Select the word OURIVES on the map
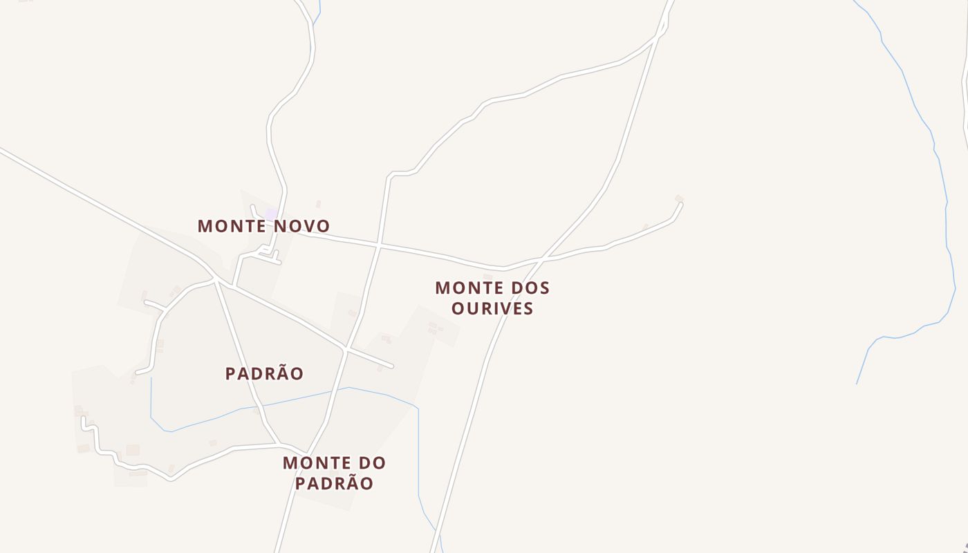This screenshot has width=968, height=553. coord(492,308)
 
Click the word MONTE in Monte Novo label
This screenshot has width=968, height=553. coord(232,226)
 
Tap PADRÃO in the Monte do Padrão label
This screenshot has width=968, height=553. coord(334,483)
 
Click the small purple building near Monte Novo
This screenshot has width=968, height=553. coord(271,214)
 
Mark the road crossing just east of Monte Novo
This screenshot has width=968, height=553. coord(379,245)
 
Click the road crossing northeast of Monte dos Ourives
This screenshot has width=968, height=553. coord(541,260)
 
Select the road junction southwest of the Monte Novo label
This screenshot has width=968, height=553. coord(216,280)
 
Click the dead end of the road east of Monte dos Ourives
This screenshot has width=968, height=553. coord(681,204)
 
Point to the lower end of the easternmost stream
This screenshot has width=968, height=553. coord(857,383)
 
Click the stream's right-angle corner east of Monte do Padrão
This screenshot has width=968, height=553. coord(418,408)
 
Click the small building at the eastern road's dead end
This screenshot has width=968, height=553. coord(679,198)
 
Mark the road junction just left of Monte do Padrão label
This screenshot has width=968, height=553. coord(278,444)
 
